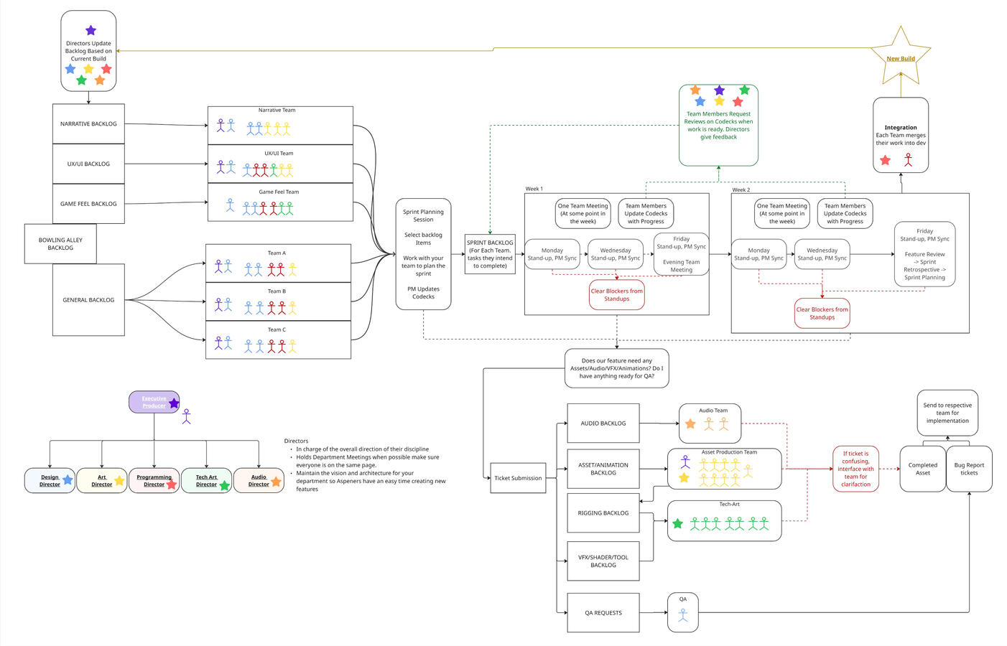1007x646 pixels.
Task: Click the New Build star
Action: [x=900, y=57]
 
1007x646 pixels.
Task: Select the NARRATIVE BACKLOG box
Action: [x=88, y=123]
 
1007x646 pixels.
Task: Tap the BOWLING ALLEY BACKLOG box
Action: [x=60, y=244]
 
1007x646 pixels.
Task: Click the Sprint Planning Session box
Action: [x=423, y=254]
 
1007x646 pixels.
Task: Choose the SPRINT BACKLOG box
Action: [x=490, y=254]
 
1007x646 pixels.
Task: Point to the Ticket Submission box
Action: [x=518, y=478]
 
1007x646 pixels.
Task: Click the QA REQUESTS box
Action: [x=603, y=613]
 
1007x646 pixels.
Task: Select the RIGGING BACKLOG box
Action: [x=603, y=513]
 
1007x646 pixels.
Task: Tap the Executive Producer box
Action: [x=153, y=402]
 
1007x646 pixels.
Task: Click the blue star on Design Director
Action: [x=68, y=479]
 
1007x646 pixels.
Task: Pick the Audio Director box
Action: [x=259, y=481]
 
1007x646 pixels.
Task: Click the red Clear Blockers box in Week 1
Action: [x=616, y=295]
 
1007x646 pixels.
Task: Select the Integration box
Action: [x=901, y=135]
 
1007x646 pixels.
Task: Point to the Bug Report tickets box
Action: [x=969, y=469]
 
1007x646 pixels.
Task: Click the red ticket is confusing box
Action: [x=855, y=469]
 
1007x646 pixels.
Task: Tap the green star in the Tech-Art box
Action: [x=677, y=523]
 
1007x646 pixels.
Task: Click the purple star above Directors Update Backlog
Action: [x=91, y=30]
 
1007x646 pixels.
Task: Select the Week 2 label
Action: [x=741, y=189]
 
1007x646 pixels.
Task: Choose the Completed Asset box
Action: [x=922, y=469]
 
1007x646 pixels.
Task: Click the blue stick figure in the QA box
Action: [x=683, y=615]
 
